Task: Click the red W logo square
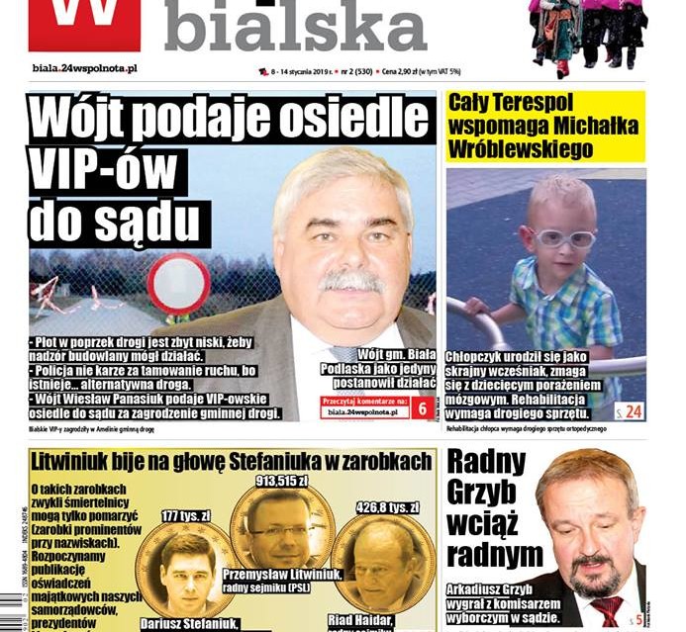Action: (x=84, y=24)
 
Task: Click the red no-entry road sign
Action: (x=178, y=283)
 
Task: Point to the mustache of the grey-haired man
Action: (x=351, y=280)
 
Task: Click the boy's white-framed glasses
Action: (x=562, y=237)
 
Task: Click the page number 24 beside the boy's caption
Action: (x=629, y=410)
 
